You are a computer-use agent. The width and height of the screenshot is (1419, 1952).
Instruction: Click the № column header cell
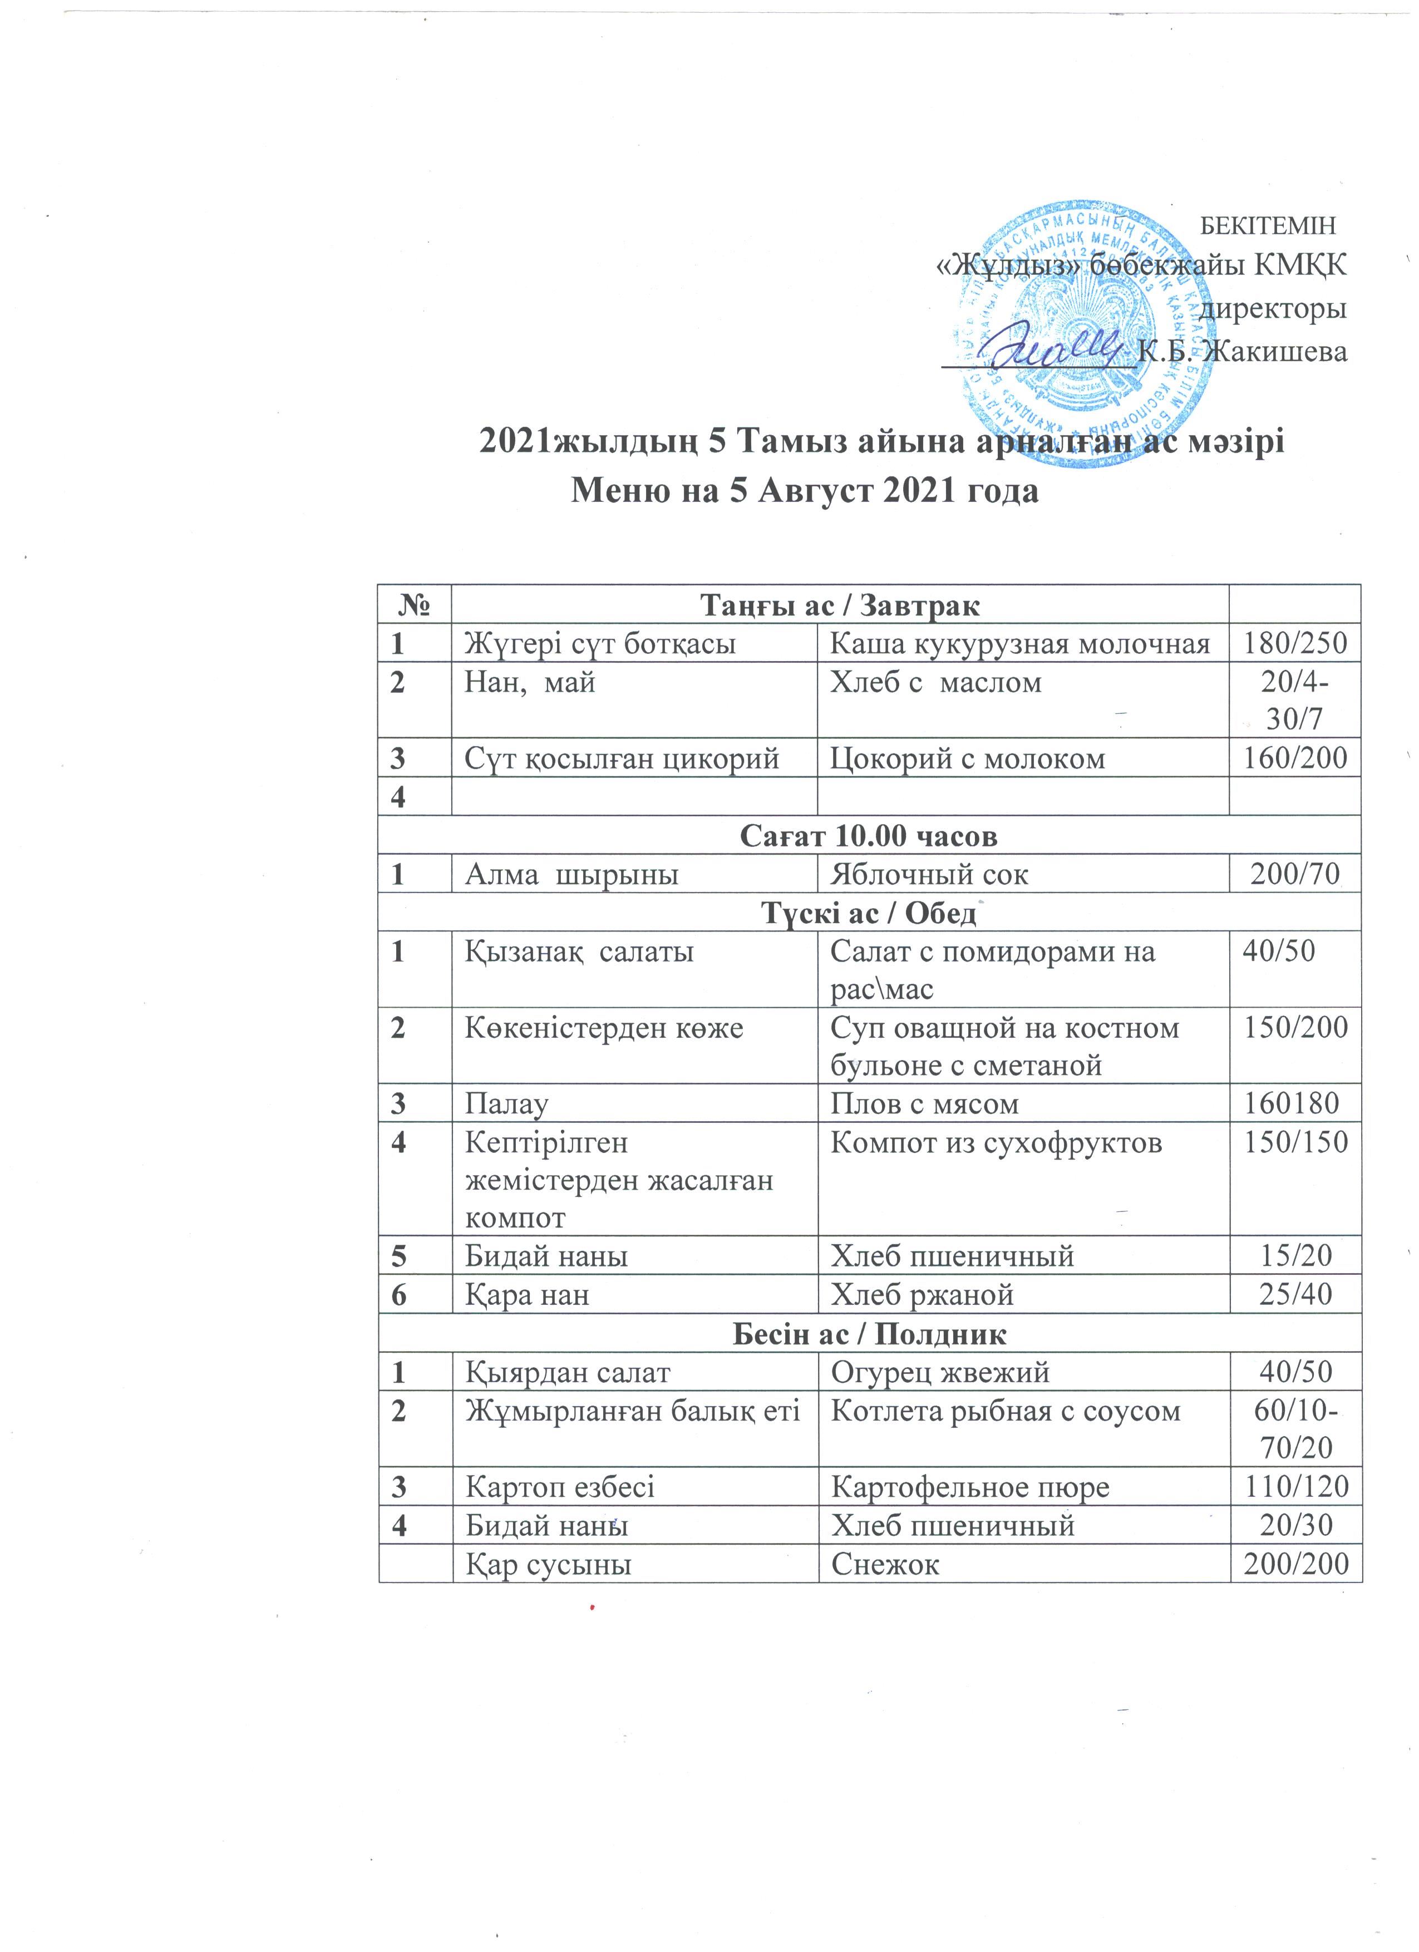tap(415, 605)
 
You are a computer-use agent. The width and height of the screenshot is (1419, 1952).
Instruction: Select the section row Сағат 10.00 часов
tap(869, 835)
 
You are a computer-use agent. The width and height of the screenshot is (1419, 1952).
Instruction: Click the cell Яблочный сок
tap(929, 874)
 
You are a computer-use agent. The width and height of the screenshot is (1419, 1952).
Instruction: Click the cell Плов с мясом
tap(924, 1103)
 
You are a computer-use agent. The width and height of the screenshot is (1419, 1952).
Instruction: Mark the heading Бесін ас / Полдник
tap(869, 1333)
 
